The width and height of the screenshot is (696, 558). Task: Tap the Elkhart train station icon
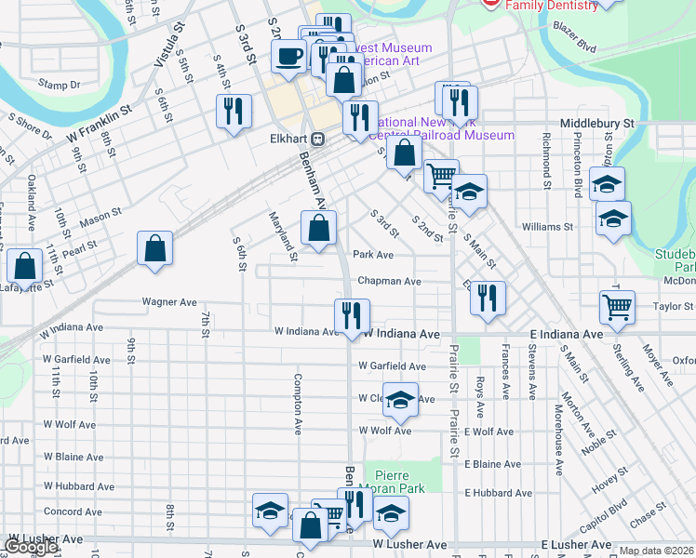point(317,139)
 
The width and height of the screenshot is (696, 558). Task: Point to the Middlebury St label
point(596,123)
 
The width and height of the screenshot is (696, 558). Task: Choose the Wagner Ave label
point(169,302)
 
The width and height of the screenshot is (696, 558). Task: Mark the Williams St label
point(547,227)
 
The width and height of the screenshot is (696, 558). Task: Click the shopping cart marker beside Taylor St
point(617,308)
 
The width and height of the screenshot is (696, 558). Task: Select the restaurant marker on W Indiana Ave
point(352,315)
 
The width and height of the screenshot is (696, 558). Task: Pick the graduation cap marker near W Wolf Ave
point(400,400)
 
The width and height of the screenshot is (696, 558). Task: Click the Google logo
point(31,547)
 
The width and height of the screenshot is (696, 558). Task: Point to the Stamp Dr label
point(60,85)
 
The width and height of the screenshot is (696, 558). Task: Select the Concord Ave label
point(73,511)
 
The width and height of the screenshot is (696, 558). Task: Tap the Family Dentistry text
point(552,6)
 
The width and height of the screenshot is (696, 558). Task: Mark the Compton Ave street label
point(299,405)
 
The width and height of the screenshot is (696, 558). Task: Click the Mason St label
point(100,219)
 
